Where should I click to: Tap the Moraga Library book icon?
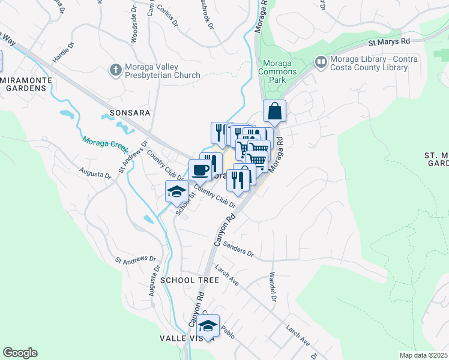click(x=321, y=62)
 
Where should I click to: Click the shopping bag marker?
click(x=274, y=111)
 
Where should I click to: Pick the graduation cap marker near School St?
click(x=176, y=191)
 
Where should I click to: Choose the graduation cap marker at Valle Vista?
click(x=208, y=326)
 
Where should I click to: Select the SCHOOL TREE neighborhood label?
click(x=185, y=280)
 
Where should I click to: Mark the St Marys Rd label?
click(x=388, y=42)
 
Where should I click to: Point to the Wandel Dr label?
click(x=273, y=287)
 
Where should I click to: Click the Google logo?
click(x=20, y=353)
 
